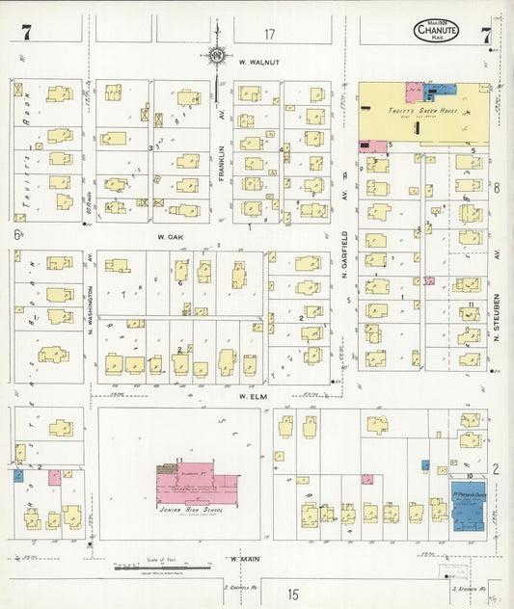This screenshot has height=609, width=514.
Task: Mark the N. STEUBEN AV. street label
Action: (496, 319)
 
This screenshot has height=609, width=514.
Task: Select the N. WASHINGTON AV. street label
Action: (91, 290)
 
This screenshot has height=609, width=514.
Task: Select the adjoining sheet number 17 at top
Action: (269, 35)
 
